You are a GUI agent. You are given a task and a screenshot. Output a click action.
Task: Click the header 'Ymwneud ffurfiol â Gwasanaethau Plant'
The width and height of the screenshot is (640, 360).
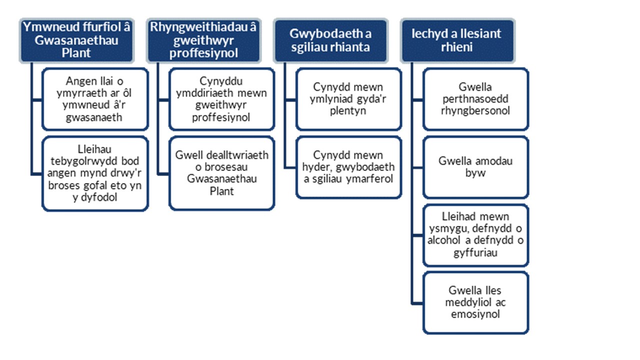tap(76, 40)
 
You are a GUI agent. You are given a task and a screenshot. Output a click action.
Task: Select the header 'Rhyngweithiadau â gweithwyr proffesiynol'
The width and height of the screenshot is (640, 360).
tap(203, 40)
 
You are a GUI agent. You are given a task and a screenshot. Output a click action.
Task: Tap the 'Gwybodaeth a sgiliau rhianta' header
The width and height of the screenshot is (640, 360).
tap(330, 40)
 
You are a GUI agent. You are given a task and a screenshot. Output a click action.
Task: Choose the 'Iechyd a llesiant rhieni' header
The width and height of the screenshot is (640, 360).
tap(457, 40)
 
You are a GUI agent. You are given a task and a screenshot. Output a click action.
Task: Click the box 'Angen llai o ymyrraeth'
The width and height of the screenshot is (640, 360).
tap(95, 99)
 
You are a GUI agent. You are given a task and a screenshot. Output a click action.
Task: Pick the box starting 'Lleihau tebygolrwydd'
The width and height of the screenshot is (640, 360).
tap(95, 173)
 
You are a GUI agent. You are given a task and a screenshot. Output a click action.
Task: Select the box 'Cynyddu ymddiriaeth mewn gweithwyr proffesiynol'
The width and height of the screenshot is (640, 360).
tap(221, 99)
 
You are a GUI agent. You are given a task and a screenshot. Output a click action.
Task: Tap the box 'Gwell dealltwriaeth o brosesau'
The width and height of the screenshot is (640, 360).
tap(221, 173)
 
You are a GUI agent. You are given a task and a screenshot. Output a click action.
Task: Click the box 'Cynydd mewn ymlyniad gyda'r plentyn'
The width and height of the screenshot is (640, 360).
tap(348, 99)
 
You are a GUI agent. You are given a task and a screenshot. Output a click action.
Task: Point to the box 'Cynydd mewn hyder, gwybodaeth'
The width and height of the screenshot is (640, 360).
tap(348, 167)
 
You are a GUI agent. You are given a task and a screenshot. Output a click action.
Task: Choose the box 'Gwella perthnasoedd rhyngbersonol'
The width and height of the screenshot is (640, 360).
tap(475, 99)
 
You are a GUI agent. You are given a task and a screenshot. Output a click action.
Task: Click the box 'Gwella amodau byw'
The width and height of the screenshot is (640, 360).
tap(475, 167)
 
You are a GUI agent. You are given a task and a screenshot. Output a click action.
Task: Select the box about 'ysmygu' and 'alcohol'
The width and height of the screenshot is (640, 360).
tap(475, 235)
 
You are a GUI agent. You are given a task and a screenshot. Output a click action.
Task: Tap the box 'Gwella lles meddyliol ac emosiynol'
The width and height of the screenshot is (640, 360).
tap(475, 302)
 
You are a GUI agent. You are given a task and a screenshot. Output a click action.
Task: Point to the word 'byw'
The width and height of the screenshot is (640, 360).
tap(475, 173)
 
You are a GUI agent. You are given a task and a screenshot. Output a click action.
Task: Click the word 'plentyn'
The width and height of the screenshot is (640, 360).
tap(348, 111)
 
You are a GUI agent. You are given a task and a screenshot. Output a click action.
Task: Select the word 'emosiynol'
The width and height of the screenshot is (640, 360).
tap(475, 314)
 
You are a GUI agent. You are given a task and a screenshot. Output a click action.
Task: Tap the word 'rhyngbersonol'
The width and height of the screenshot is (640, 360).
tap(475, 111)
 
